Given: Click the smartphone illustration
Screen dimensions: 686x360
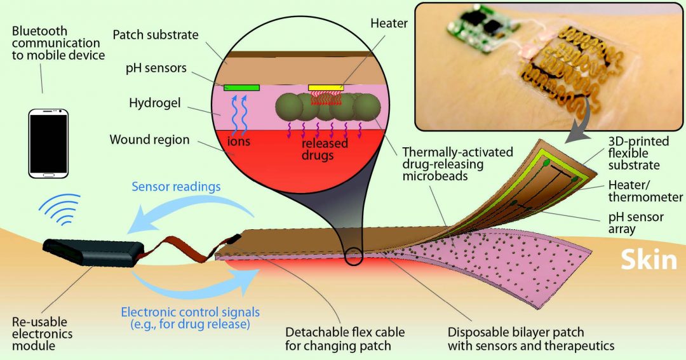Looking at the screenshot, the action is click(x=48, y=144).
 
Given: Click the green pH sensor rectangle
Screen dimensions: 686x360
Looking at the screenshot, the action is click(x=241, y=88).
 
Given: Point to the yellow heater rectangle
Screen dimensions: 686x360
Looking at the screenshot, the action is click(x=326, y=88).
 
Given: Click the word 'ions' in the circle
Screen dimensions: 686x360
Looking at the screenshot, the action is click(x=239, y=142).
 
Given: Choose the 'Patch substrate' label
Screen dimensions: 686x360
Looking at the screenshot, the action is click(x=156, y=35).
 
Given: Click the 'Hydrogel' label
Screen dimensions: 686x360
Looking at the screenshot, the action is click(x=154, y=103).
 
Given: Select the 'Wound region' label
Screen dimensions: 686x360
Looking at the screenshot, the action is click(x=149, y=140).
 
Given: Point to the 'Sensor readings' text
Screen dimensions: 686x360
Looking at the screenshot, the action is click(x=176, y=187).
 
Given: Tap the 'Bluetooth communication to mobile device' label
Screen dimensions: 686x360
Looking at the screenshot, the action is click(x=58, y=43).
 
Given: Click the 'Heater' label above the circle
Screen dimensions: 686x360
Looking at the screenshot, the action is click(x=389, y=23).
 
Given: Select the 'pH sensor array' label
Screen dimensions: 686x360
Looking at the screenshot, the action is click(x=636, y=223).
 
